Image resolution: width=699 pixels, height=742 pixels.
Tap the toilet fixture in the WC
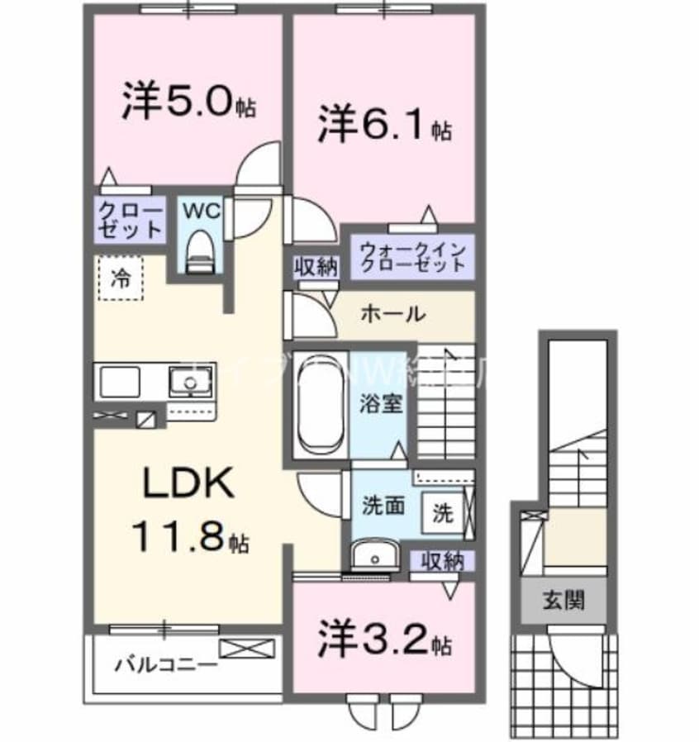199,249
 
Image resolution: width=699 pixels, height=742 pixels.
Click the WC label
201,212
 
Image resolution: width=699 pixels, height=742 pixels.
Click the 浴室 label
380,404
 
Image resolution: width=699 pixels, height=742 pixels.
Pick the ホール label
392,314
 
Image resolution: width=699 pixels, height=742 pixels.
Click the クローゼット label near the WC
129,219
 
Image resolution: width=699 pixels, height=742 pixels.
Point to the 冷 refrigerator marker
119,278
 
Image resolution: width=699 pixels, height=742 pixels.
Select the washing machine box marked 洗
443,512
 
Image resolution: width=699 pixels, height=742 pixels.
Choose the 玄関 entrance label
563,600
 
